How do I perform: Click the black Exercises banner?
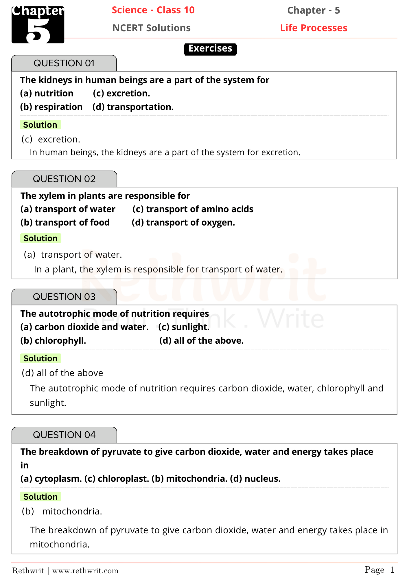[x=210, y=49]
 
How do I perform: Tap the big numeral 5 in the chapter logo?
[x=38, y=31]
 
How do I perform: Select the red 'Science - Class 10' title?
[x=153, y=10]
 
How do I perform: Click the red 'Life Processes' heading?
[x=314, y=28]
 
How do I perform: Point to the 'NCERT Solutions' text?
[x=151, y=28]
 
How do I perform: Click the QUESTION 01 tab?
[x=64, y=63]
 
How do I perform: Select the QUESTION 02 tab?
[x=64, y=179]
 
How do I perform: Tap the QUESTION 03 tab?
[x=64, y=297]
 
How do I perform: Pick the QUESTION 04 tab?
[x=64, y=435]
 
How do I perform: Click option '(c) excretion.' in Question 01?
[x=121, y=94]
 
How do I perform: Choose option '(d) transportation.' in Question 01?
[x=133, y=107]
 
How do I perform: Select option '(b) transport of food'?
[x=65, y=223]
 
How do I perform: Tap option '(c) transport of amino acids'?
[x=193, y=209]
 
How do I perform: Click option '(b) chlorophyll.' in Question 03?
[x=53, y=341]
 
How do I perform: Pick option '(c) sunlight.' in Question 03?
[x=184, y=327]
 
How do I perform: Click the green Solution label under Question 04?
[x=40, y=497]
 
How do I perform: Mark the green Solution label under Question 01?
[x=40, y=125]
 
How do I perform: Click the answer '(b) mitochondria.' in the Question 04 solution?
[x=62, y=512]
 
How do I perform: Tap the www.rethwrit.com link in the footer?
[x=85, y=571]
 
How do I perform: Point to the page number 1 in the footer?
[x=392, y=570]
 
